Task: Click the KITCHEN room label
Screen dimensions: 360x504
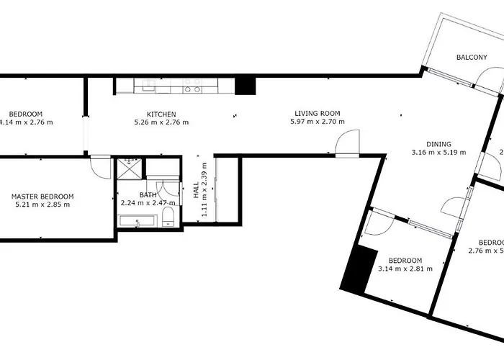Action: pyautogui.click(x=161, y=114)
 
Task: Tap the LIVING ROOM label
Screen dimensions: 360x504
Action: pyautogui.click(x=317, y=113)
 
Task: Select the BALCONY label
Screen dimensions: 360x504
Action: pyautogui.click(x=472, y=58)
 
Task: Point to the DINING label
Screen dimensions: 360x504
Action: pyautogui.click(x=438, y=143)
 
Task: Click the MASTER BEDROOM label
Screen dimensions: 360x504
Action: pyautogui.click(x=42, y=196)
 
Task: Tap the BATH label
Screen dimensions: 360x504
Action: pyautogui.click(x=148, y=194)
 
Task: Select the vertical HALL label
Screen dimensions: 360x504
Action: pyautogui.click(x=196, y=191)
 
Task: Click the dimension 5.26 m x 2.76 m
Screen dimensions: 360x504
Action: pyautogui.click(x=161, y=122)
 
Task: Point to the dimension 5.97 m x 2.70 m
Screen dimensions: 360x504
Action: pyautogui.click(x=317, y=122)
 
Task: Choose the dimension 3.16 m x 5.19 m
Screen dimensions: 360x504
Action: pyautogui.click(x=438, y=152)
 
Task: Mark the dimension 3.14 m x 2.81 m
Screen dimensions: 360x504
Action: pyautogui.click(x=405, y=269)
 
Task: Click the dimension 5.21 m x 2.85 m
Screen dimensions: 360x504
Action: pyautogui.click(x=42, y=204)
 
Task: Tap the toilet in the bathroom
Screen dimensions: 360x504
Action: pyautogui.click(x=168, y=217)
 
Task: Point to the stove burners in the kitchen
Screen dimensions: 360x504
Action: pyautogui.click(x=192, y=89)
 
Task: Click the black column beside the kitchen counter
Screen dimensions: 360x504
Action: pyautogui.click(x=246, y=85)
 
